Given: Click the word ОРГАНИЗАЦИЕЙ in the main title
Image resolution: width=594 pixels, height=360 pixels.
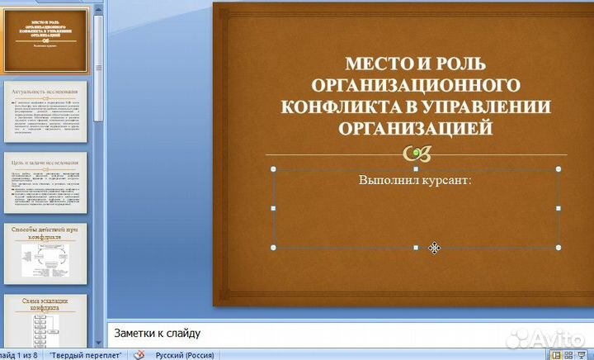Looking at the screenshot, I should point(416,129).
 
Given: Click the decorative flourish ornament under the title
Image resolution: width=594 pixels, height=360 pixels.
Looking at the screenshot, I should point(416,154).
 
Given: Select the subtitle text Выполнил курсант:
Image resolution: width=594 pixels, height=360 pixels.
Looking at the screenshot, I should point(415,181).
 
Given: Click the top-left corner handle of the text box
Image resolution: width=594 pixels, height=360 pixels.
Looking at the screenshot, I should point(274,168).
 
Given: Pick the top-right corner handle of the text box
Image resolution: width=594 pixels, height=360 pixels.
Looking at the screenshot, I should point(559,168).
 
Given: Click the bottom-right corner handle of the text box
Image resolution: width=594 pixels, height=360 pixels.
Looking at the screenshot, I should point(559,248).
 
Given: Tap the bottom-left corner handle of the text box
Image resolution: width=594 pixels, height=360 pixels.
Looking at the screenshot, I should point(274,248).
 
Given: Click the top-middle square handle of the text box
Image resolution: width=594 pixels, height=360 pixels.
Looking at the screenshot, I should point(416,168).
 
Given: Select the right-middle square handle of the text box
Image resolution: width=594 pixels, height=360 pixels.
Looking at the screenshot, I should point(559,208).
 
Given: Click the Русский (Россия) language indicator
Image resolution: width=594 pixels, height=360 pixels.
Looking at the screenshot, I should point(179,355).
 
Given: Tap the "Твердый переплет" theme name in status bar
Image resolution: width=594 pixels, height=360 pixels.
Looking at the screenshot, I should point(86,355).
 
